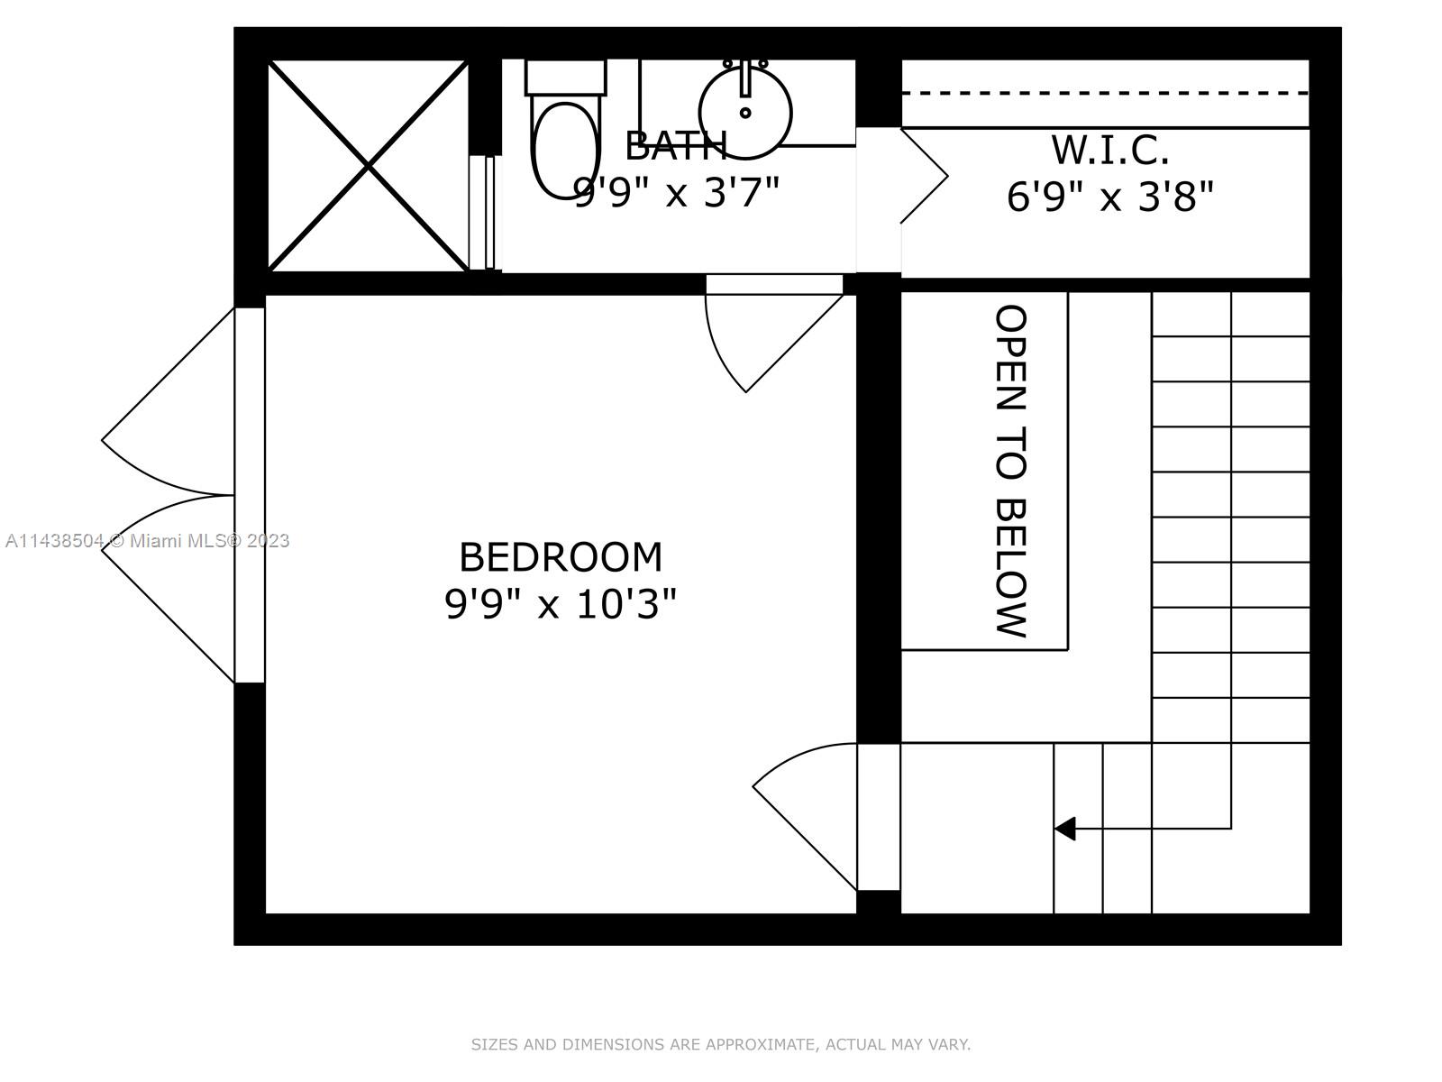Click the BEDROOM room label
coord(561,557)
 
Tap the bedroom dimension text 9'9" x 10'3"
coord(561,604)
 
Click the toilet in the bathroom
coord(565,149)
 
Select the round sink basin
coord(745,115)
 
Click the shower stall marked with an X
coord(368,165)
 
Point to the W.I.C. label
coord(1109,150)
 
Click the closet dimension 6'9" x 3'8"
coord(1109,196)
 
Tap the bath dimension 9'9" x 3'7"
coord(676,192)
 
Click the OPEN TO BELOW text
coord(1010,471)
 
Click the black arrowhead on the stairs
coord(1066,828)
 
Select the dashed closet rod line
coord(1104,93)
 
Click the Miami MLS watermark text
coord(147,541)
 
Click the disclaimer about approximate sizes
coord(720,1044)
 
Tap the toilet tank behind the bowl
coord(565,78)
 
